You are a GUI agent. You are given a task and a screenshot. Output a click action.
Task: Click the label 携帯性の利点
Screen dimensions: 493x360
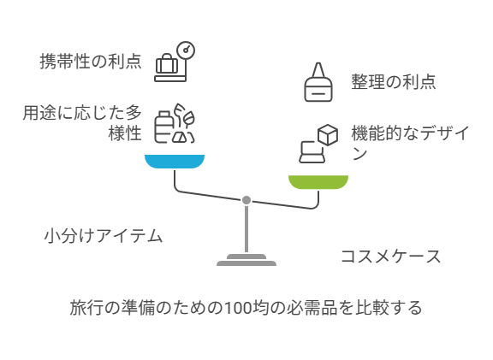coord(91,61)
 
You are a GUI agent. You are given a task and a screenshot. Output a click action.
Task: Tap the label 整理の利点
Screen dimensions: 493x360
coord(394,82)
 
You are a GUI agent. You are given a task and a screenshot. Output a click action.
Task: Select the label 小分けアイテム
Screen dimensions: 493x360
coord(104,236)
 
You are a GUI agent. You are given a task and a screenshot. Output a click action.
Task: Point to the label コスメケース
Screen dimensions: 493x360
coord(391,257)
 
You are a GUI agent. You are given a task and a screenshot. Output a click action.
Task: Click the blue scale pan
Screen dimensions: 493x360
coord(175,161)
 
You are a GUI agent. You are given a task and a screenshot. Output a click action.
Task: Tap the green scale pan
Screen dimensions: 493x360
coord(318,182)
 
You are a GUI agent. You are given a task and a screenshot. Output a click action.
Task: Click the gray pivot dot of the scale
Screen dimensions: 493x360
coord(246,200)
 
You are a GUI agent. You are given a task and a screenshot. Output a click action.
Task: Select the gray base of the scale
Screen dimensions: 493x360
coord(246,260)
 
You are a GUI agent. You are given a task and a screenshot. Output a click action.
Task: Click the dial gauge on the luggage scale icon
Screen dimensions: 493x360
coord(186,50)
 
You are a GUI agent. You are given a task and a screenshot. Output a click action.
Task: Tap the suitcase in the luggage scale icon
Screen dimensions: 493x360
coord(167,64)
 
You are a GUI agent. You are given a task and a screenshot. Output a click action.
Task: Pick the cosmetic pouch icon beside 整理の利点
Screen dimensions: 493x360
coord(318,82)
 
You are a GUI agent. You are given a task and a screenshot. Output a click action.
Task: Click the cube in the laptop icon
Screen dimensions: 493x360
coord(328,135)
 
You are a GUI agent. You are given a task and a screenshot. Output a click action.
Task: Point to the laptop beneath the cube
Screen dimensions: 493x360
coord(312,152)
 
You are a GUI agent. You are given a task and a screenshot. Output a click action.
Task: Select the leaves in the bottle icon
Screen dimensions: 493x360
coord(185,116)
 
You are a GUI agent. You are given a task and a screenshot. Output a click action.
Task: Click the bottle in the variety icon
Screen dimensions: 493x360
coord(163,127)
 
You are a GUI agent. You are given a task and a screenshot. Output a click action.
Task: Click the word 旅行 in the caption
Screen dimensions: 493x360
coord(86,308)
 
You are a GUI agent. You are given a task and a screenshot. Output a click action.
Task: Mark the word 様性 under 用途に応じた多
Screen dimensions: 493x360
coord(125,133)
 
